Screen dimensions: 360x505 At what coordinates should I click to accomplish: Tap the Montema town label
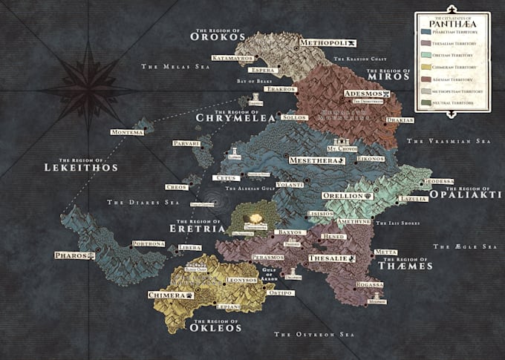tap(126, 132)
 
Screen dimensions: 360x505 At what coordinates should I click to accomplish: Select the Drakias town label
tap(400, 120)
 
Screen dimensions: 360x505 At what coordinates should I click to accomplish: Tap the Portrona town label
tap(148, 243)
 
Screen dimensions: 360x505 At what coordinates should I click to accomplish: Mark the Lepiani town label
tap(229, 306)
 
